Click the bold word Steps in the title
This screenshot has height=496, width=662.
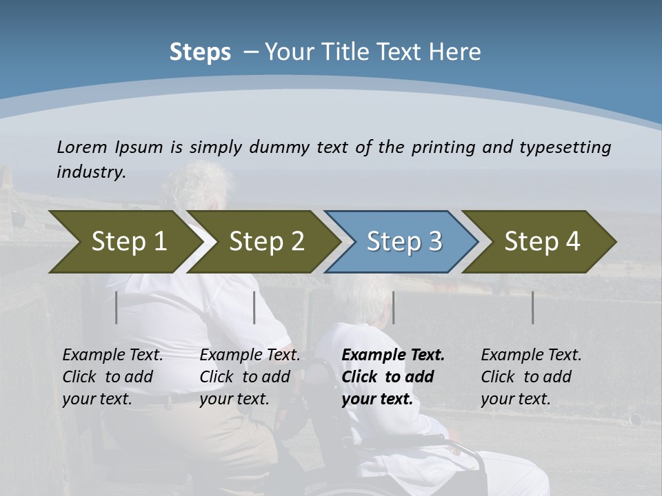(x=200, y=52)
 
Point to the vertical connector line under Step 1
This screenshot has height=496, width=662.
(x=117, y=307)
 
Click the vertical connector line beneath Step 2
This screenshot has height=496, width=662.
(x=254, y=307)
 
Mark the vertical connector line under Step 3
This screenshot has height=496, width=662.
(x=393, y=307)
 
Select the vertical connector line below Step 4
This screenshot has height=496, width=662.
(x=532, y=307)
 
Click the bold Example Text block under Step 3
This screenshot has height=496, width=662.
(x=392, y=377)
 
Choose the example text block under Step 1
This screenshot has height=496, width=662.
(x=112, y=377)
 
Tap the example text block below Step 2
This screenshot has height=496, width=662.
(x=250, y=377)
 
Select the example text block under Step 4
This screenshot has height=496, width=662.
(x=531, y=377)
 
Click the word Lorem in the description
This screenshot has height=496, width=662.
(x=82, y=147)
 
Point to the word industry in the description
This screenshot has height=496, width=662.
(x=91, y=172)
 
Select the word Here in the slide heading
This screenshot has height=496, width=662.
(x=458, y=52)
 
